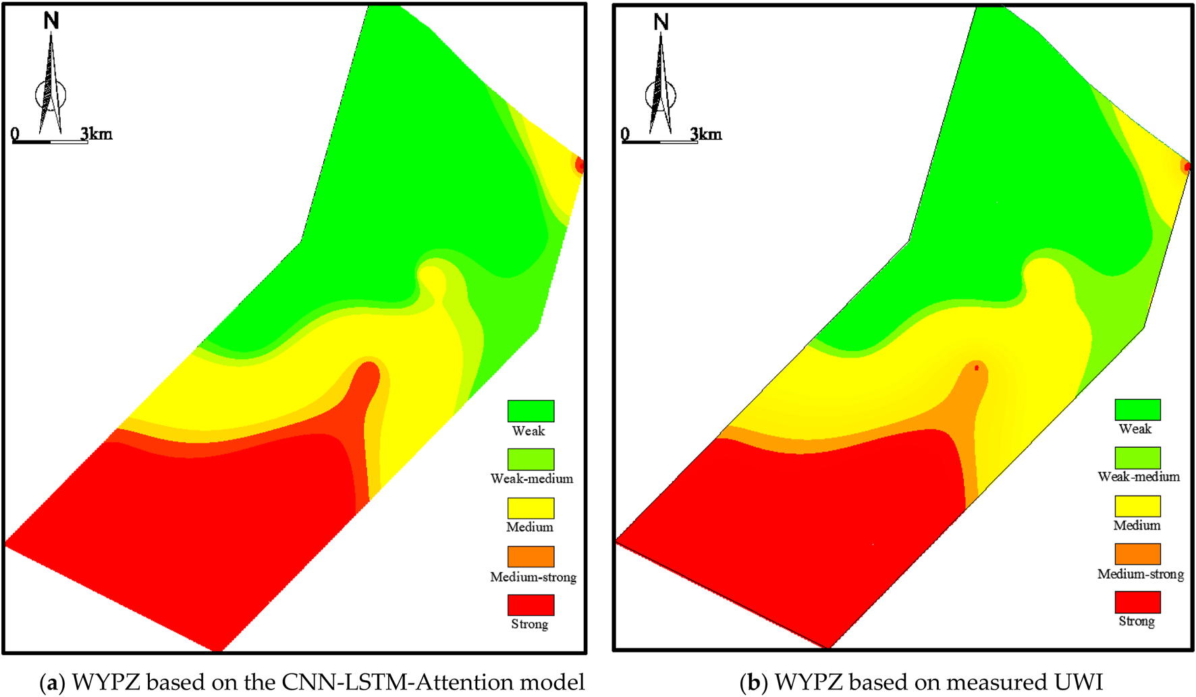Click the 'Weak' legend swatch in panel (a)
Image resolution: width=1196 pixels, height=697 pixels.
click(531, 411)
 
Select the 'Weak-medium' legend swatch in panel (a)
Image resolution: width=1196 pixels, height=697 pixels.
click(531, 459)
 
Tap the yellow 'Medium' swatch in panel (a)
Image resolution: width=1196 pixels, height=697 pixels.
click(531, 508)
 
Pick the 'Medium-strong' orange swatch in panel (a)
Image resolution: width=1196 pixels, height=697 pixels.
click(531, 557)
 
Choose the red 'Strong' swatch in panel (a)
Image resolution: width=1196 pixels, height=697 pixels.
click(531, 604)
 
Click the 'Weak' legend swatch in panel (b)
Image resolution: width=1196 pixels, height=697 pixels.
click(1138, 409)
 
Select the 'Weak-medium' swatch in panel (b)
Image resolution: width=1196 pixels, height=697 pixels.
click(1138, 458)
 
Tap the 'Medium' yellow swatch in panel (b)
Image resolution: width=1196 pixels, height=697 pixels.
click(1138, 506)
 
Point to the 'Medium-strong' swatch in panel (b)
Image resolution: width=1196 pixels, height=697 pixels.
click(1138, 554)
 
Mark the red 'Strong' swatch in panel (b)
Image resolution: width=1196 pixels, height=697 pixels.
click(1138, 602)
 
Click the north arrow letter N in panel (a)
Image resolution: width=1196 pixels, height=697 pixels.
click(51, 21)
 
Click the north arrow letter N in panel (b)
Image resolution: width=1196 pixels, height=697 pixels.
click(661, 22)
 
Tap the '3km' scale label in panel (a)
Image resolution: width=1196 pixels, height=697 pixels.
click(97, 134)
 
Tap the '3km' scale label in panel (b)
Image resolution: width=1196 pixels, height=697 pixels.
click(706, 134)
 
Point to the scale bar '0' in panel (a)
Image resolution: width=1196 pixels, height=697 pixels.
click(15, 134)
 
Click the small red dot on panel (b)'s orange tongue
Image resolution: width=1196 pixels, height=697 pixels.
click(977, 368)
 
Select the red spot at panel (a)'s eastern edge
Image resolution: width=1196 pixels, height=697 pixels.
click(579, 165)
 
